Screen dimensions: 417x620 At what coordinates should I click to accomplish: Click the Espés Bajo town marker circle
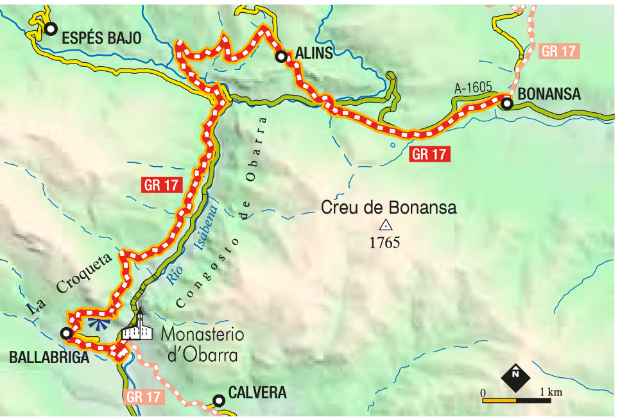51,28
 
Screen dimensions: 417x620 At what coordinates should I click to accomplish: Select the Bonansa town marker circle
507,103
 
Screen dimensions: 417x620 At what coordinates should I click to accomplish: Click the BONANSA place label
549,94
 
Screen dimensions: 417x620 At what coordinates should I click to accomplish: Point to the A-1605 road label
472,87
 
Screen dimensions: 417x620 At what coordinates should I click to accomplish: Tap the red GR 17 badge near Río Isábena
160,185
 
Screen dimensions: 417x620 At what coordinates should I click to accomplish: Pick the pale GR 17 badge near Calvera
142,397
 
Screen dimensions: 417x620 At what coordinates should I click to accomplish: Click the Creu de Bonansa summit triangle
386,225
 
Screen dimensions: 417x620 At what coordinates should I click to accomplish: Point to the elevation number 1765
385,243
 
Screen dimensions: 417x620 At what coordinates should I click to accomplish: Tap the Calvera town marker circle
219,401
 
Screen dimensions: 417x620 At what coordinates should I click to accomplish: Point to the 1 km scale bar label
551,391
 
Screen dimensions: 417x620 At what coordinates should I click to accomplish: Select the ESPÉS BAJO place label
101,38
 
